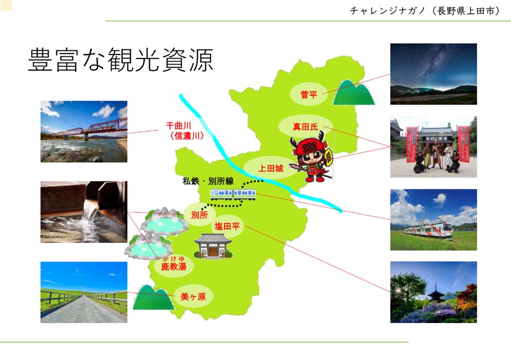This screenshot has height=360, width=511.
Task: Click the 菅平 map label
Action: coord(309,94)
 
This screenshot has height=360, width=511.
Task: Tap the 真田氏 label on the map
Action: coord(306,126)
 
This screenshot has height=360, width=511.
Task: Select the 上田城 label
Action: coord(271,168)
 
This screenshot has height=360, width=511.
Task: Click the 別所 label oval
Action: coord(199,215)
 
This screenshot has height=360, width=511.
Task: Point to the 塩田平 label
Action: coord(227,226)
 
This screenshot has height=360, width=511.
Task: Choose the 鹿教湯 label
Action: coord(174,264)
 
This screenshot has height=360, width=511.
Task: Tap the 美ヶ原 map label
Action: coord(193,296)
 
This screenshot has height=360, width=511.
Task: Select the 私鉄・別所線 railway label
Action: coord(208,181)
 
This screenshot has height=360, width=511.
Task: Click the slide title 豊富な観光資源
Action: coord(121,60)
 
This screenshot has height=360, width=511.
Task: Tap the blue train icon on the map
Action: coord(233,194)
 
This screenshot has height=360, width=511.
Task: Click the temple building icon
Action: coord(213,247)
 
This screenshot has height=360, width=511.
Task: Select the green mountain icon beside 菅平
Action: coord(354,92)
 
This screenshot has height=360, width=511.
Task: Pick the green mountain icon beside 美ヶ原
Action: coord(153,297)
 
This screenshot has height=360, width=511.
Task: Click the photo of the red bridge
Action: coord(84,131)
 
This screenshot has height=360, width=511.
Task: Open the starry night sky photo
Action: coord(433,74)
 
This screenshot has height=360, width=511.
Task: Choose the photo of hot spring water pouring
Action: coord(84,212)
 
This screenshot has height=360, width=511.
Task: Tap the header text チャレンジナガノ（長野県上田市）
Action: coord(425,11)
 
